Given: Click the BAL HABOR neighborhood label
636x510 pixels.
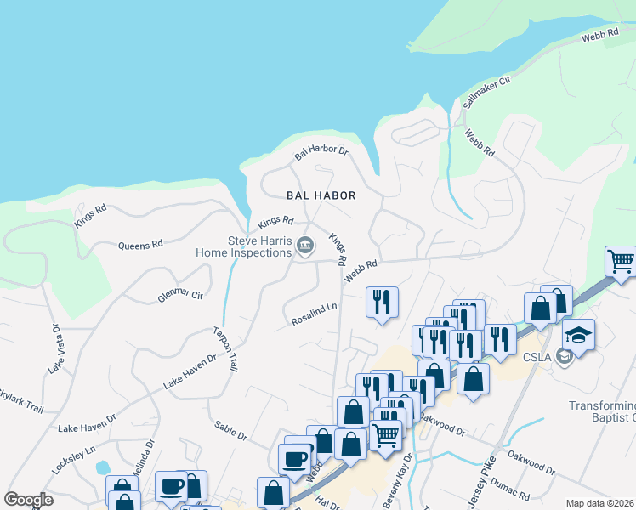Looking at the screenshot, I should (321, 195).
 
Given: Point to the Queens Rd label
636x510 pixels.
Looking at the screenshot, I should (140, 246).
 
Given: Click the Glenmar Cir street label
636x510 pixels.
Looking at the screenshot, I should (180, 296).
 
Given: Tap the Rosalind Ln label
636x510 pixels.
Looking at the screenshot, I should (314, 315).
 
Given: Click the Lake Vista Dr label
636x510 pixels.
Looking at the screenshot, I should (56, 348).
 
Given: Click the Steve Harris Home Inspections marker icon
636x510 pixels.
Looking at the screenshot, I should (306, 246).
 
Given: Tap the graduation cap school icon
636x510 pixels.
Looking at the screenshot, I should (578, 334).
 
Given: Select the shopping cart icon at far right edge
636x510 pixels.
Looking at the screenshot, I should (621, 261).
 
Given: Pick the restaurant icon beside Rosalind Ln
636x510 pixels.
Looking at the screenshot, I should (381, 302).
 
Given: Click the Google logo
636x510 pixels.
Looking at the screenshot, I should (29, 500).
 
